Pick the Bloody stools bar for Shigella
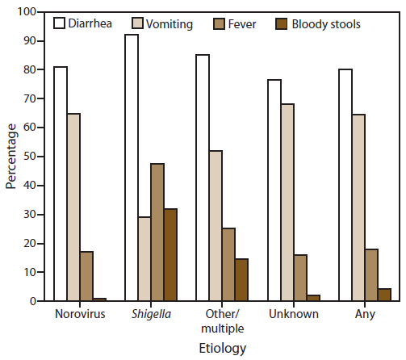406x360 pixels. click(x=170, y=255)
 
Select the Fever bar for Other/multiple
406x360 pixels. click(x=228, y=265)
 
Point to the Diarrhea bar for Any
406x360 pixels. click(x=345, y=185)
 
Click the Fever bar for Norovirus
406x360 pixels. click(x=86, y=276)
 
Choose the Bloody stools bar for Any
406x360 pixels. click(x=383, y=295)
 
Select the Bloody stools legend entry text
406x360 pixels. click(x=324, y=24)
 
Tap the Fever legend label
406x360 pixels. click(x=243, y=24)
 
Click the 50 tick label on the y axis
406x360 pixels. click(x=30, y=157)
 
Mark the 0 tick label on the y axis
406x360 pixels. click(x=33, y=301)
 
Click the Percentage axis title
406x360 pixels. click(x=11, y=157)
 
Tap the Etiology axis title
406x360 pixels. click(x=221, y=348)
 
